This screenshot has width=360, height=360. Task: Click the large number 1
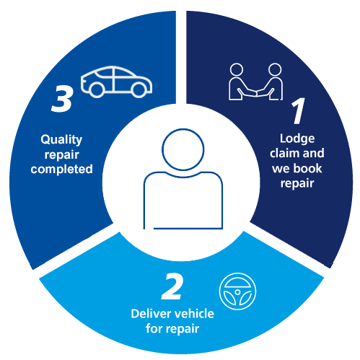coord(298,111)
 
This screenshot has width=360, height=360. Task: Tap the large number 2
coord(172,287)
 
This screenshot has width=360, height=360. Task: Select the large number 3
coord(62,99)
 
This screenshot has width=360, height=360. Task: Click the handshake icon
coord(255,82)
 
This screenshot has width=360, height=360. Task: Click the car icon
coord(116,82)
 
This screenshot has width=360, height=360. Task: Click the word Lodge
coord(297,139)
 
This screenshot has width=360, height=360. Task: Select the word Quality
coord(61,140)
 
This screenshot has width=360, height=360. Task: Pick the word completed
coord(61,169)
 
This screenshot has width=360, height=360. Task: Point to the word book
coord(308,168)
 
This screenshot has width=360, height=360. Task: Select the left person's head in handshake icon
coord(237,70)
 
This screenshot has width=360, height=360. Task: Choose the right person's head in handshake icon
coord(275,70)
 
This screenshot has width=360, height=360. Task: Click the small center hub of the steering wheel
coord(237,292)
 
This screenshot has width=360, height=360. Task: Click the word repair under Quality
coord(62,155)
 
